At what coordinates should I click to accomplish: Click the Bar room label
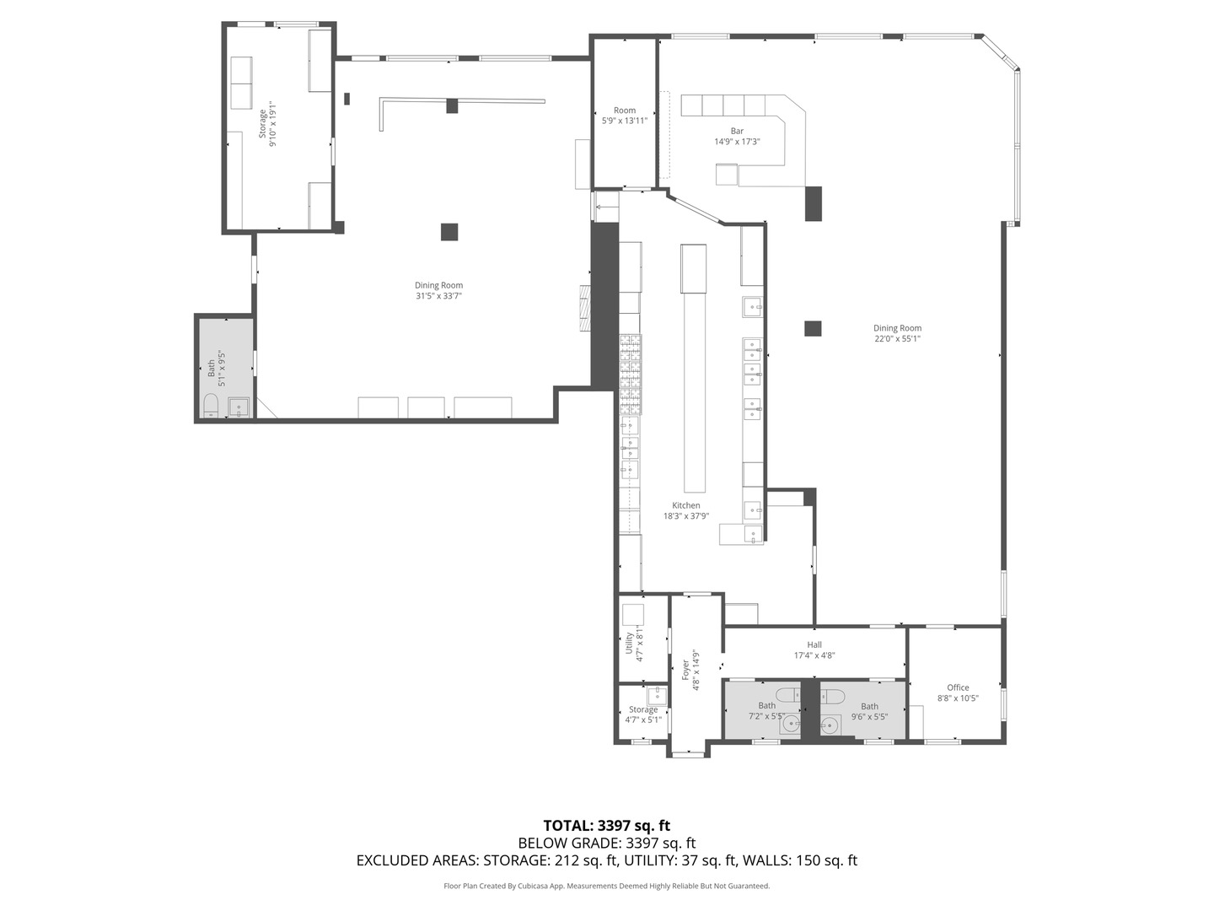pos(737,131)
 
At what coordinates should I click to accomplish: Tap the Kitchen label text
pos(685,505)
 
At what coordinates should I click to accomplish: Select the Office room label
pos(958,687)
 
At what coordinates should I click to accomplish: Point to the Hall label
pos(814,645)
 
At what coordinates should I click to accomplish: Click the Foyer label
pos(685,671)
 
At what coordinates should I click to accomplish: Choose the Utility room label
pos(629,644)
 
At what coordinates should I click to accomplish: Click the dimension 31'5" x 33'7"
pos(439,296)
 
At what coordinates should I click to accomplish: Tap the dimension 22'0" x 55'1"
pos(897,338)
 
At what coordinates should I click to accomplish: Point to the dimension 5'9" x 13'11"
pos(625,121)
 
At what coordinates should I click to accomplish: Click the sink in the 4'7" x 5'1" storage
pos(658,693)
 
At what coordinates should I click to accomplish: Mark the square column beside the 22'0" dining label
pos(813,329)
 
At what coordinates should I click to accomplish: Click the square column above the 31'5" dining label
pos(449,232)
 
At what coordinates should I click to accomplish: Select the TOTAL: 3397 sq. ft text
pos(607,826)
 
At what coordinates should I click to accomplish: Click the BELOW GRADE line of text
pos(607,843)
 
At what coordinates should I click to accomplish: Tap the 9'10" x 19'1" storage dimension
pos(272,124)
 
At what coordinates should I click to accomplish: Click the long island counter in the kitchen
pos(696,392)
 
